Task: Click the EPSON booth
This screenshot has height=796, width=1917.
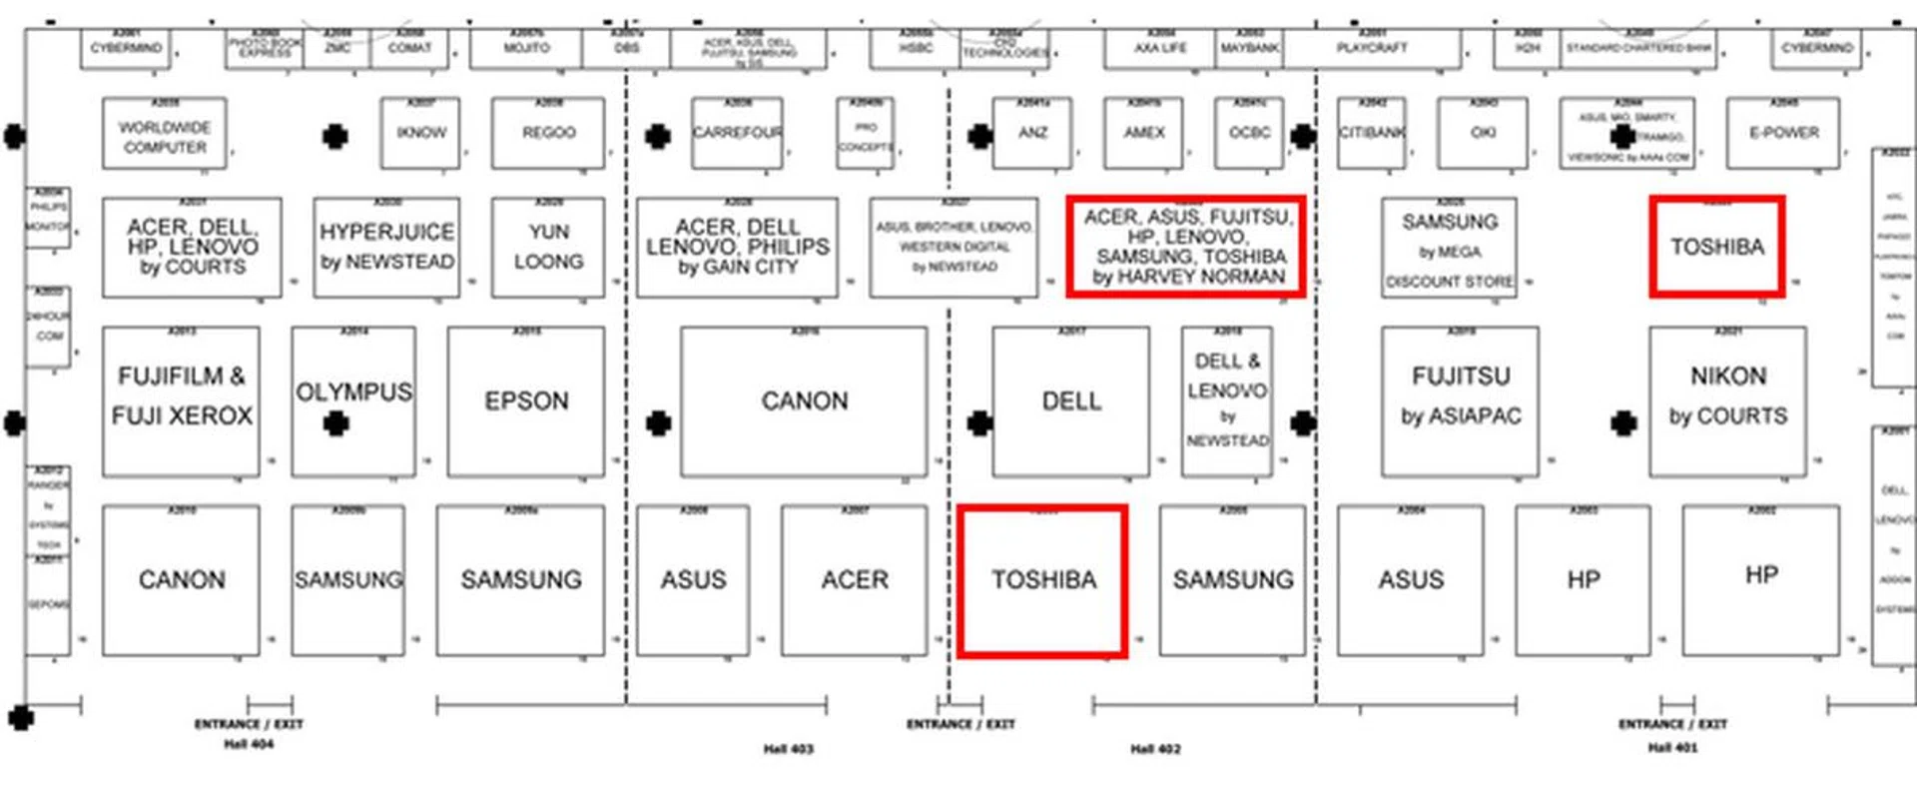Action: point(526,401)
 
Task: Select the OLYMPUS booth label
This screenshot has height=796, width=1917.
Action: point(353,393)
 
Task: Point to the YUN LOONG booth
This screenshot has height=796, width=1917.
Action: point(548,247)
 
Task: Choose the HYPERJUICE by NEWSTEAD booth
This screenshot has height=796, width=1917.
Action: point(387,247)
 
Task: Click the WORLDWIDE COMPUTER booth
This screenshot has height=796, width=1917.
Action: point(165,136)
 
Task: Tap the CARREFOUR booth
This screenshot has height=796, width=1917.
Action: point(738,133)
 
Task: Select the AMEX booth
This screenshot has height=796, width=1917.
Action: point(1144,133)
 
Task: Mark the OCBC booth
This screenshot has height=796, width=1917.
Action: point(1250,133)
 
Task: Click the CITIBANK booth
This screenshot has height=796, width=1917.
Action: point(1372,133)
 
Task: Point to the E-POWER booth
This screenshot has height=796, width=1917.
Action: point(1784,133)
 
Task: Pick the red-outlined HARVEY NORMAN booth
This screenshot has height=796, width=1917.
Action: point(1187,247)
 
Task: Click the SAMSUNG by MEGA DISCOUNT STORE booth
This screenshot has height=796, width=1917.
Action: point(1450,249)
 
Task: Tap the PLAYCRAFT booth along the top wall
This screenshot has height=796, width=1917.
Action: point(1372,48)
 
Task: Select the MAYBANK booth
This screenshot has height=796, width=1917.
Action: point(1250,48)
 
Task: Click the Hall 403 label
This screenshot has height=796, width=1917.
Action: point(789,749)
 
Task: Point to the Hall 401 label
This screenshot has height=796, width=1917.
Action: point(1672,747)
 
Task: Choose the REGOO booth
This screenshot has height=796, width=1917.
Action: point(548,133)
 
